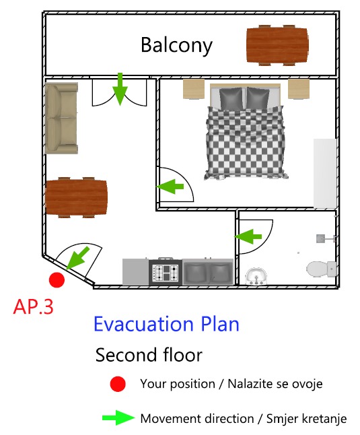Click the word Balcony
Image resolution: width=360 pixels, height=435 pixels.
[x=176, y=45]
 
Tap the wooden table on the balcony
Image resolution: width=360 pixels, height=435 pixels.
[x=277, y=45]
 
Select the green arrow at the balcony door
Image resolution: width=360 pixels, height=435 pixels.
[x=120, y=89]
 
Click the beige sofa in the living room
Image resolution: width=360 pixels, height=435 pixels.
[x=61, y=119]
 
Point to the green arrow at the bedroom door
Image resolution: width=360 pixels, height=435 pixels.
[x=170, y=187]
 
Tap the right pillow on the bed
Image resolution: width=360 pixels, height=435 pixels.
[x=258, y=98]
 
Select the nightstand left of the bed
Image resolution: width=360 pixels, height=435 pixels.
[x=194, y=89]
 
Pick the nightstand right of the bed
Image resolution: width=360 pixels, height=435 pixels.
[x=299, y=89]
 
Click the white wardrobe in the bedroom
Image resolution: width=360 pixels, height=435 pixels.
[x=325, y=173]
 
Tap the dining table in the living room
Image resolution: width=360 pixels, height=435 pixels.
[x=76, y=197]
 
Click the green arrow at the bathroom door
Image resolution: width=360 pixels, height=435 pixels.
[x=248, y=236]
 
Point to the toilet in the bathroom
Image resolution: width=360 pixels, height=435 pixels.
[x=322, y=269]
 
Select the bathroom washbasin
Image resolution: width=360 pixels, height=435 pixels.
[x=256, y=276]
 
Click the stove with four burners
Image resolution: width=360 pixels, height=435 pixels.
[x=166, y=272]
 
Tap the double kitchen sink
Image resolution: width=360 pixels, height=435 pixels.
[x=207, y=272]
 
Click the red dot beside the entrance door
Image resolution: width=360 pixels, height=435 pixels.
[x=57, y=280]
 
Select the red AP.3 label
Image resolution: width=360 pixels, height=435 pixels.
[x=33, y=307]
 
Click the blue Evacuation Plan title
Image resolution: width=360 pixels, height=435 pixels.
[x=167, y=324]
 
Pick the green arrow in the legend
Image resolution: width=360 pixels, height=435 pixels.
[x=118, y=417]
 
